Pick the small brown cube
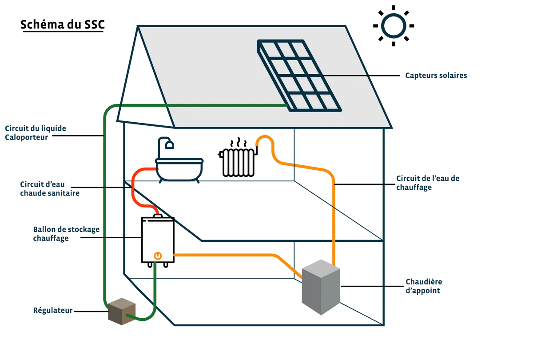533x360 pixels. click(x=120, y=311)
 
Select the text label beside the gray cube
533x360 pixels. click(x=424, y=287)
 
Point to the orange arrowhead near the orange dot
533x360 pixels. click(x=175, y=255)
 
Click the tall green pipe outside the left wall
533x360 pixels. click(x=104, y=213)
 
